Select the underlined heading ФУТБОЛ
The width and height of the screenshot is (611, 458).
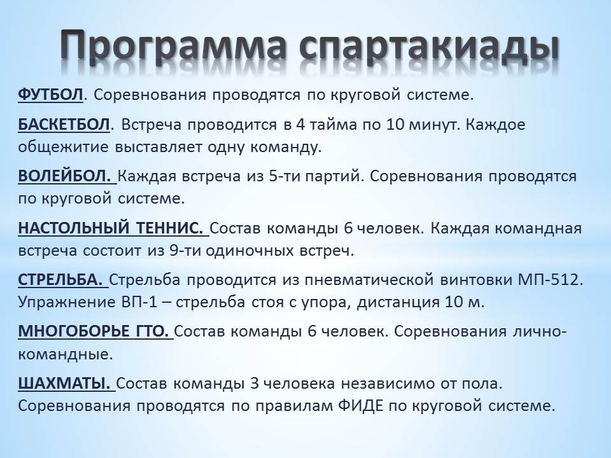coord(51,95)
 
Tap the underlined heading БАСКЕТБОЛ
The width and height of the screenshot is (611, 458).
coord(64,125)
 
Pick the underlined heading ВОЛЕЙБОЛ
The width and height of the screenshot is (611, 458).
coord(65,176)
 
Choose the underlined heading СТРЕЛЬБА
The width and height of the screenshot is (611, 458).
coord(60,280)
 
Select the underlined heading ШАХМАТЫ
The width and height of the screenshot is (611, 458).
coord(64,384)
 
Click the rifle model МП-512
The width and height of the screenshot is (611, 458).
coord(551,280)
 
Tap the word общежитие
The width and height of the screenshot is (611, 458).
coord(63,148)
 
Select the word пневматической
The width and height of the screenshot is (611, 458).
coord(369,280)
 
